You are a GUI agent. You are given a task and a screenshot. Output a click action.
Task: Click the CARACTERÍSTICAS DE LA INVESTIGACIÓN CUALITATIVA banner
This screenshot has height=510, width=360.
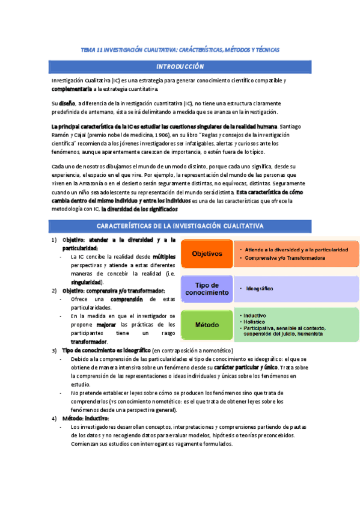click(180, 226)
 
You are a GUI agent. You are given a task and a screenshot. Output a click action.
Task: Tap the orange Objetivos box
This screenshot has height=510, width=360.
click(206, 254)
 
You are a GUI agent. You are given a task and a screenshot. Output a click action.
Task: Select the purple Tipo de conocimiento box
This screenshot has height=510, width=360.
click(206, 289)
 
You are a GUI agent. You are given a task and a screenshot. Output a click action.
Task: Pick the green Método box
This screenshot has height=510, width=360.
click(206, 324)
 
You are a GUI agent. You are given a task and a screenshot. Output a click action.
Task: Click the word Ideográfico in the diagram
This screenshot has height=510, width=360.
click(260, 289)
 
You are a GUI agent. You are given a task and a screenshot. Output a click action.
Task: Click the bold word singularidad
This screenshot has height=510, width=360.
click(86, 281)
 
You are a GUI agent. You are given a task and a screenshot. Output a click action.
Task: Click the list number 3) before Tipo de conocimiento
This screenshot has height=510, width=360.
click(54, 350)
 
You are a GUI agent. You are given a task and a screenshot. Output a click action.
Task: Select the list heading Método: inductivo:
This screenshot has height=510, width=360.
click(85, 418)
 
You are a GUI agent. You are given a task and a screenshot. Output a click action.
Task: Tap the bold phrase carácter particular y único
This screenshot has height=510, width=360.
click(246, 366)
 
